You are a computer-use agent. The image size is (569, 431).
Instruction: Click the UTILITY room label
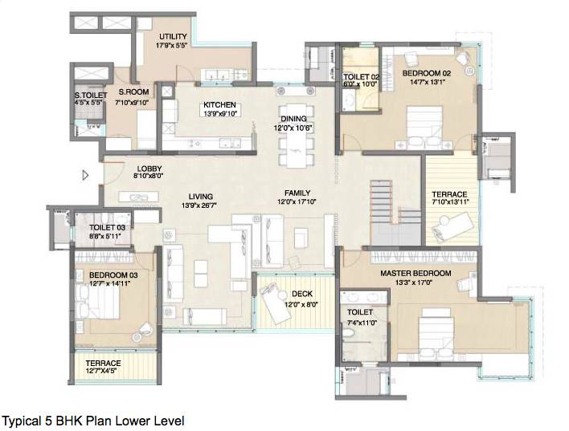(173, 37)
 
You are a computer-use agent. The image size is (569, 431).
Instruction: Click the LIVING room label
(200, 196)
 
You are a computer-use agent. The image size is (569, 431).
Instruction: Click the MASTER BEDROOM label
(415, 273)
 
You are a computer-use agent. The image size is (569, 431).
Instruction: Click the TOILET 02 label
(359, 75)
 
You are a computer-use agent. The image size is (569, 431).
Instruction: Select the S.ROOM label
(129, 93)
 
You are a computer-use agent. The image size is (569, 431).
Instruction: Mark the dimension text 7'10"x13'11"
(448, 203)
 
